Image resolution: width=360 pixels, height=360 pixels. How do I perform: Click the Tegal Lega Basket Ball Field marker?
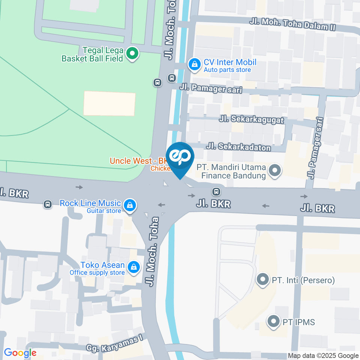132,54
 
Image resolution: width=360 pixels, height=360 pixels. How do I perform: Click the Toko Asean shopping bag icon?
133,268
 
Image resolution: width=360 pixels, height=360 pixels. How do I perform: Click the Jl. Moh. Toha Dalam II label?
292,25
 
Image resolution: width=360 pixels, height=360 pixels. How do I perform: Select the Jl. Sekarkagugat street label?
252,120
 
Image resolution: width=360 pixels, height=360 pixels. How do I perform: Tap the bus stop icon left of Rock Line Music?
48,204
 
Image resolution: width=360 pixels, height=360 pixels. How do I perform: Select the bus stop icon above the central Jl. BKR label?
216,192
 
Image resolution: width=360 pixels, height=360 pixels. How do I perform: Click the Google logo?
20,353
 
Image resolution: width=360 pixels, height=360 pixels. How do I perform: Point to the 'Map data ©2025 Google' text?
323,355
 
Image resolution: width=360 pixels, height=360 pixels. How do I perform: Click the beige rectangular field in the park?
109,103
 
